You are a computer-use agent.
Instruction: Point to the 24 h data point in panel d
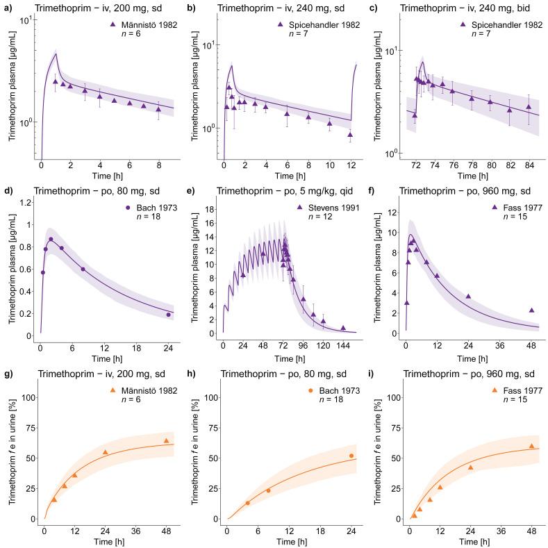click(x=167, y=315)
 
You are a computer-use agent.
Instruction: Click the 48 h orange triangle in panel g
click(x=166, y=440)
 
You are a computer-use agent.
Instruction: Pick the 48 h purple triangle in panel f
click(x=531, y=310)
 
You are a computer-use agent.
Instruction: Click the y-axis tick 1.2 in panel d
click(x=28, y=202)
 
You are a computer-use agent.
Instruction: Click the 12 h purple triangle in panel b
click(x=350, y=135)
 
